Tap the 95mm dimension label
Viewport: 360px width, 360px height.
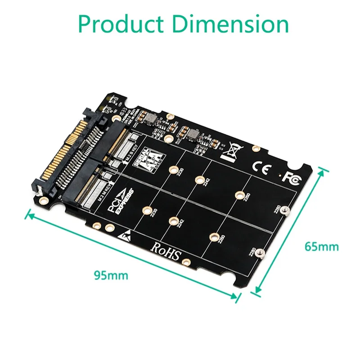[x=110, y=275]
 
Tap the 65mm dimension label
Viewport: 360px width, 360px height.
[x=321, y=247]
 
